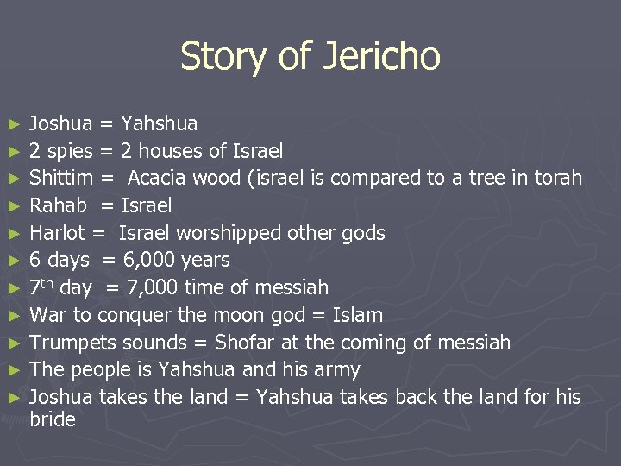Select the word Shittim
point(61,179)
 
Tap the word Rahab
point(58,205)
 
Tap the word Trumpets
point(72,343)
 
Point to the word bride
point(53,420)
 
